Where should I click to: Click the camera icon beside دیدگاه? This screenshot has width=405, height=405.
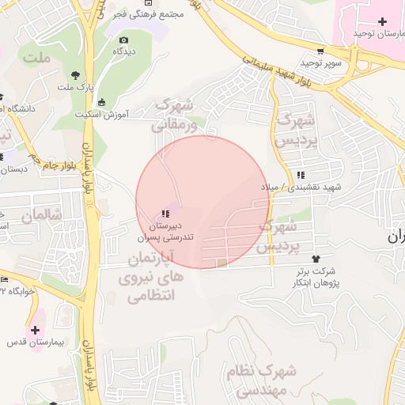point(123,40)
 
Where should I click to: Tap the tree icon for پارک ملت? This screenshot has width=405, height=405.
point(75,74)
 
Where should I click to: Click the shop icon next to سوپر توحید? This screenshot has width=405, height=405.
point(320,49)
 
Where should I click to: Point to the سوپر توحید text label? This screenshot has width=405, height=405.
point(320,62)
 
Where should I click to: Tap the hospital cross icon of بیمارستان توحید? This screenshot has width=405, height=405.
point(383,20)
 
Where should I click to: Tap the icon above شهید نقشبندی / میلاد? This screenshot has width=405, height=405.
point(300,176)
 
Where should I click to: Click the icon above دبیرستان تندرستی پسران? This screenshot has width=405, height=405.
point(165,213)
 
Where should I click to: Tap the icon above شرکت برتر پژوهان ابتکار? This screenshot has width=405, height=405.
point(316,259)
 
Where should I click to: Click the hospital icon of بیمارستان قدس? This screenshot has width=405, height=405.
point(35,329)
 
